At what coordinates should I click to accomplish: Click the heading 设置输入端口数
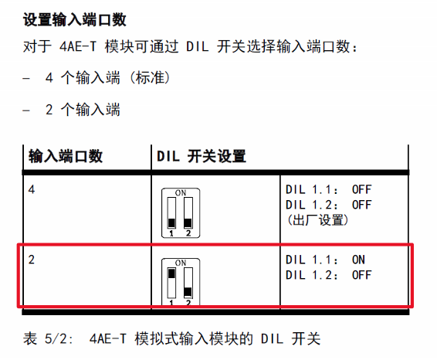point(75,20)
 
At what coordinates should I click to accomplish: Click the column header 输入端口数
point(66,156)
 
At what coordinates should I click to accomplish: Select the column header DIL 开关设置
point(202,156)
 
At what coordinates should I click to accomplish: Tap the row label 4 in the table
point(32,189)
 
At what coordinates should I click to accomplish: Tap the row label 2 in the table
point(32,260)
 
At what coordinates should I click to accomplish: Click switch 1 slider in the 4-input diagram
point(171,222)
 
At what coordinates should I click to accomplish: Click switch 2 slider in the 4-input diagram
point(188,222)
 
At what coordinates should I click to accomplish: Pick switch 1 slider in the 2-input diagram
point(171,273)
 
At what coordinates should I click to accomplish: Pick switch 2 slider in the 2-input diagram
point(188,292)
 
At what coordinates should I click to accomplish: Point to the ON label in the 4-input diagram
point(181,192)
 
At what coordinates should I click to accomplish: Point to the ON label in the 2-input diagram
point(181,263)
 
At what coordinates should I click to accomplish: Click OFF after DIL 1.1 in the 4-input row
point(362,189)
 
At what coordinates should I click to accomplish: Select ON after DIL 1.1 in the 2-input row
point(358,260)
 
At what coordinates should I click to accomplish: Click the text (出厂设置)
point(318,220)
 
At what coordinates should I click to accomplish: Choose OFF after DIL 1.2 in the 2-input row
point(362,275)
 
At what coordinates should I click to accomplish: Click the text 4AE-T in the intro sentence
point(78,46)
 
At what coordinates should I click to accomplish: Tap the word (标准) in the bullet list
point(150,78)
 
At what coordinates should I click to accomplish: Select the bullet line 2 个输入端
point(83,109)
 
